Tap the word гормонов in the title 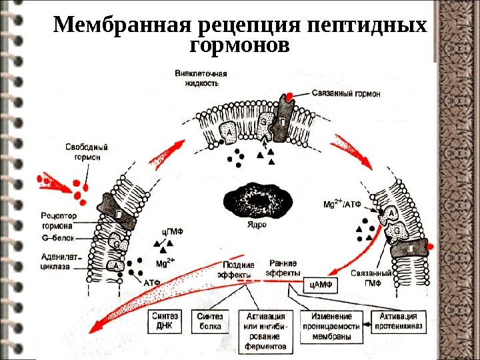click(240, 47)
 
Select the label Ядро click(256, 225)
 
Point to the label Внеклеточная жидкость click(197, 77)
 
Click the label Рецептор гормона click(59, 221)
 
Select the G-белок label click(57, 237)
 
